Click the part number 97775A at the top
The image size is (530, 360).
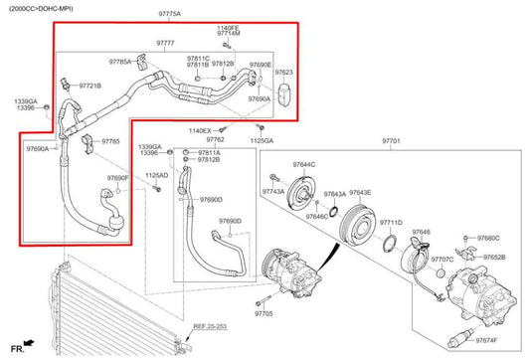(x=170, y=15)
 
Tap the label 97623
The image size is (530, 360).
(x=284, y=73)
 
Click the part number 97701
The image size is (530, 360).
(x=390, y=142)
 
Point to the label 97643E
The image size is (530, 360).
(x=360, y=193)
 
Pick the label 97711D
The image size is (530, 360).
(x=391, y=223)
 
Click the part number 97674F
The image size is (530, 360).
(x=487, y=340)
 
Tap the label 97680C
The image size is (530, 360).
(x=488, y=239)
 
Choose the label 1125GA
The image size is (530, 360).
(x=262, y=141)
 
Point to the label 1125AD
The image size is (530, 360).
(x=157, y=176)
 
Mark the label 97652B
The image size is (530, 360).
(x=494, y=258)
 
